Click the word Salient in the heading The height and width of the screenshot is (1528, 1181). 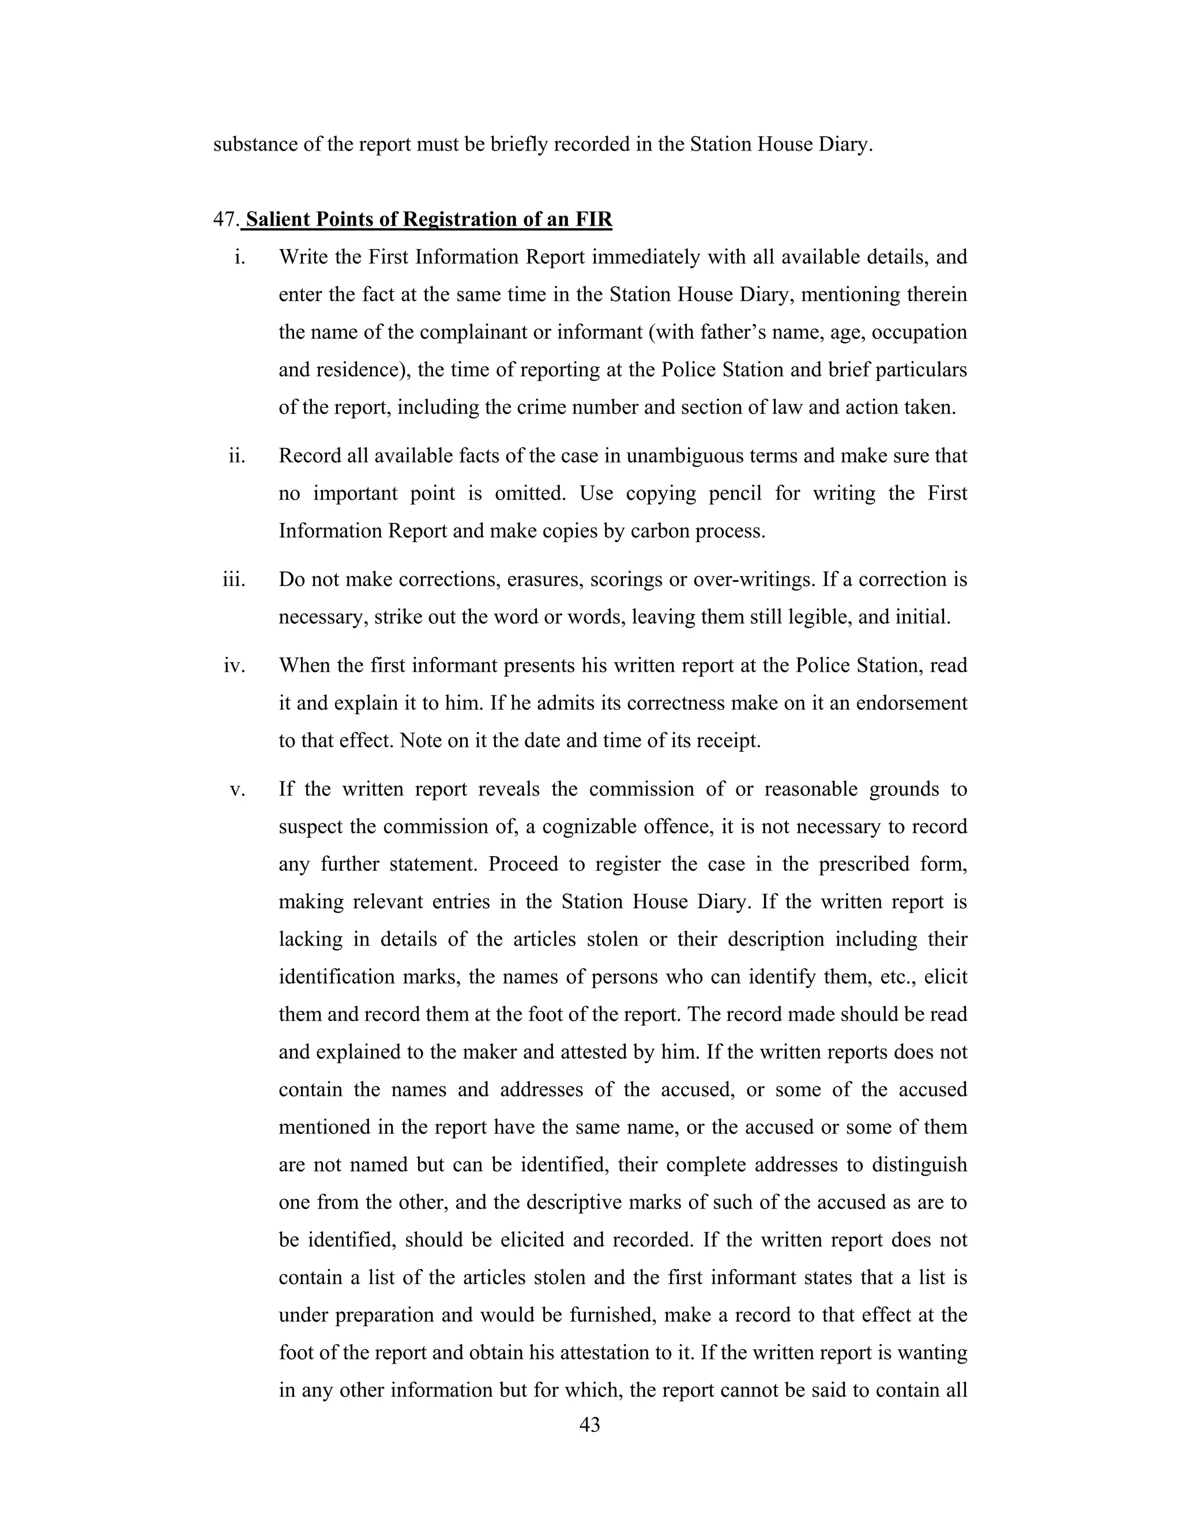(x=277, y=220)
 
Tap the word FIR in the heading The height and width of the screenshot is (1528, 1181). (x=593, y=220)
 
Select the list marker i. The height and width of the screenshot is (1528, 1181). (x=240, y=258)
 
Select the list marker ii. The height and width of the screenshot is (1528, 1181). (x=237, y=456)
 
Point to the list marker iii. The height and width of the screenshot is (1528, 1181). (x=234, y=580)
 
